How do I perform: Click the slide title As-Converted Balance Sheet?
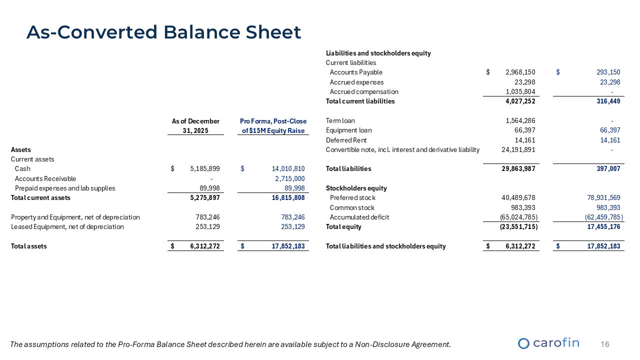tap(163, 32)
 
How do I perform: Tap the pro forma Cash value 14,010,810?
tap(284, 169)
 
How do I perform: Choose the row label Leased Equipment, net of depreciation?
tap(67, 227)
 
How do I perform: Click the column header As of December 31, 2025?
tap(195, 126)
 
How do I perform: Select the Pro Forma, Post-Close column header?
tap(273, 126)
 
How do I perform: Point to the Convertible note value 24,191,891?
tap(518, 149)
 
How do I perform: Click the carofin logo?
tap(548, 343)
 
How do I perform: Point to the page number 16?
tap(604, 344)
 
